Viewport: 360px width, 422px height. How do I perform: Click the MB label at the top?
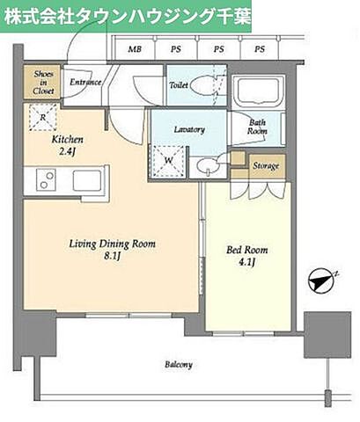point(135,49)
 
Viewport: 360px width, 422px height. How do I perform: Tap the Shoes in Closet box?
point(42,82)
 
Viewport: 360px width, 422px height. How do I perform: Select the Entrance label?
point(85,82)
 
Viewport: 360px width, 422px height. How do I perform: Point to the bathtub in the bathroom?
point(258,90)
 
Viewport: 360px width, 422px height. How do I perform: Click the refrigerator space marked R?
point(43,118)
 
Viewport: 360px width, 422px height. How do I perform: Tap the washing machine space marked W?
point(168,161)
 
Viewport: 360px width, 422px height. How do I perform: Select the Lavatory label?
point(189,129)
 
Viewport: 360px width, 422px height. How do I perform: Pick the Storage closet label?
point(266,166)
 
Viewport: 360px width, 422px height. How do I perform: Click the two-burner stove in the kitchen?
point(47,179)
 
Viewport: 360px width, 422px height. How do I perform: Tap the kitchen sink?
point(87,179)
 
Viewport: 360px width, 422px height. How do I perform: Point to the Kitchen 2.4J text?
point(67,145)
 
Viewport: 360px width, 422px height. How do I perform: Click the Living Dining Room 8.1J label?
point(113,250)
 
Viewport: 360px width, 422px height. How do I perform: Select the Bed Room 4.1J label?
point(247,255)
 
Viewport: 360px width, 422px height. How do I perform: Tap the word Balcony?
point(179,364)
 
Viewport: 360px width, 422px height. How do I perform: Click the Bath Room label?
point(257,127)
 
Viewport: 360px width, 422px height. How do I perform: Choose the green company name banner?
point(126,16)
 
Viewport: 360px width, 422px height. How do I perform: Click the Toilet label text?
point(179,85)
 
